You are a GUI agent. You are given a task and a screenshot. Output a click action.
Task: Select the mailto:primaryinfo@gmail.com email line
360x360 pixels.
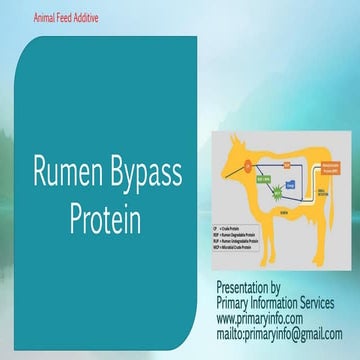279,333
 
